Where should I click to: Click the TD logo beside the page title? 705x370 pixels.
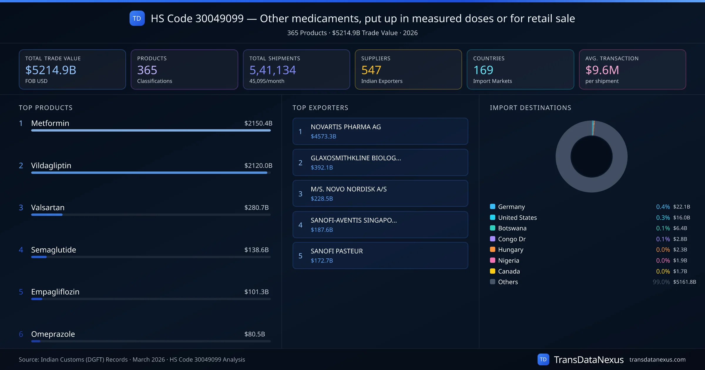coord(137,18)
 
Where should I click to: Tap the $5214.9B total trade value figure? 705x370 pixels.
coord(51,70)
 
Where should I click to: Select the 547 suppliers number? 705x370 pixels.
coord(371,70)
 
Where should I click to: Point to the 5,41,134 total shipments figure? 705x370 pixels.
coord(272,70)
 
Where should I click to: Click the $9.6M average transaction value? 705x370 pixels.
coord(602,70)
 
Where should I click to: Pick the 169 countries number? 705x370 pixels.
coord(483,70)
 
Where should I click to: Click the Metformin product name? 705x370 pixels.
coord(50,123)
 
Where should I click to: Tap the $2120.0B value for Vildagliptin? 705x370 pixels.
coord(258,166)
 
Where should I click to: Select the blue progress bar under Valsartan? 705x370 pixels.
coord(47,215)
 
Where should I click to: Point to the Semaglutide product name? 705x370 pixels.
coord(53,250)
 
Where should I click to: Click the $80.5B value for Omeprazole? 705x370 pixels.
coord(254,334)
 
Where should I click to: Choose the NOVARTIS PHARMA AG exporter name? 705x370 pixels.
coord(346,127)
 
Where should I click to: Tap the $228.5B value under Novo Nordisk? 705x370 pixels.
coord(322,199)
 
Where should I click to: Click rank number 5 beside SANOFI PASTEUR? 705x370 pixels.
coord(300,256)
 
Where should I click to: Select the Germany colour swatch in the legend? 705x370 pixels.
coord(493,206)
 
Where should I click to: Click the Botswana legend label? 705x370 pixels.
coord(512,228)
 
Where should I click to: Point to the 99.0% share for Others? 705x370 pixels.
coord(661,282)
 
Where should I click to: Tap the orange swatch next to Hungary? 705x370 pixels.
coord(493,250)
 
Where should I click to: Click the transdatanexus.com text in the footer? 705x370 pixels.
coord(657,360)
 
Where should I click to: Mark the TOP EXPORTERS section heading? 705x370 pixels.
coord(320,108)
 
